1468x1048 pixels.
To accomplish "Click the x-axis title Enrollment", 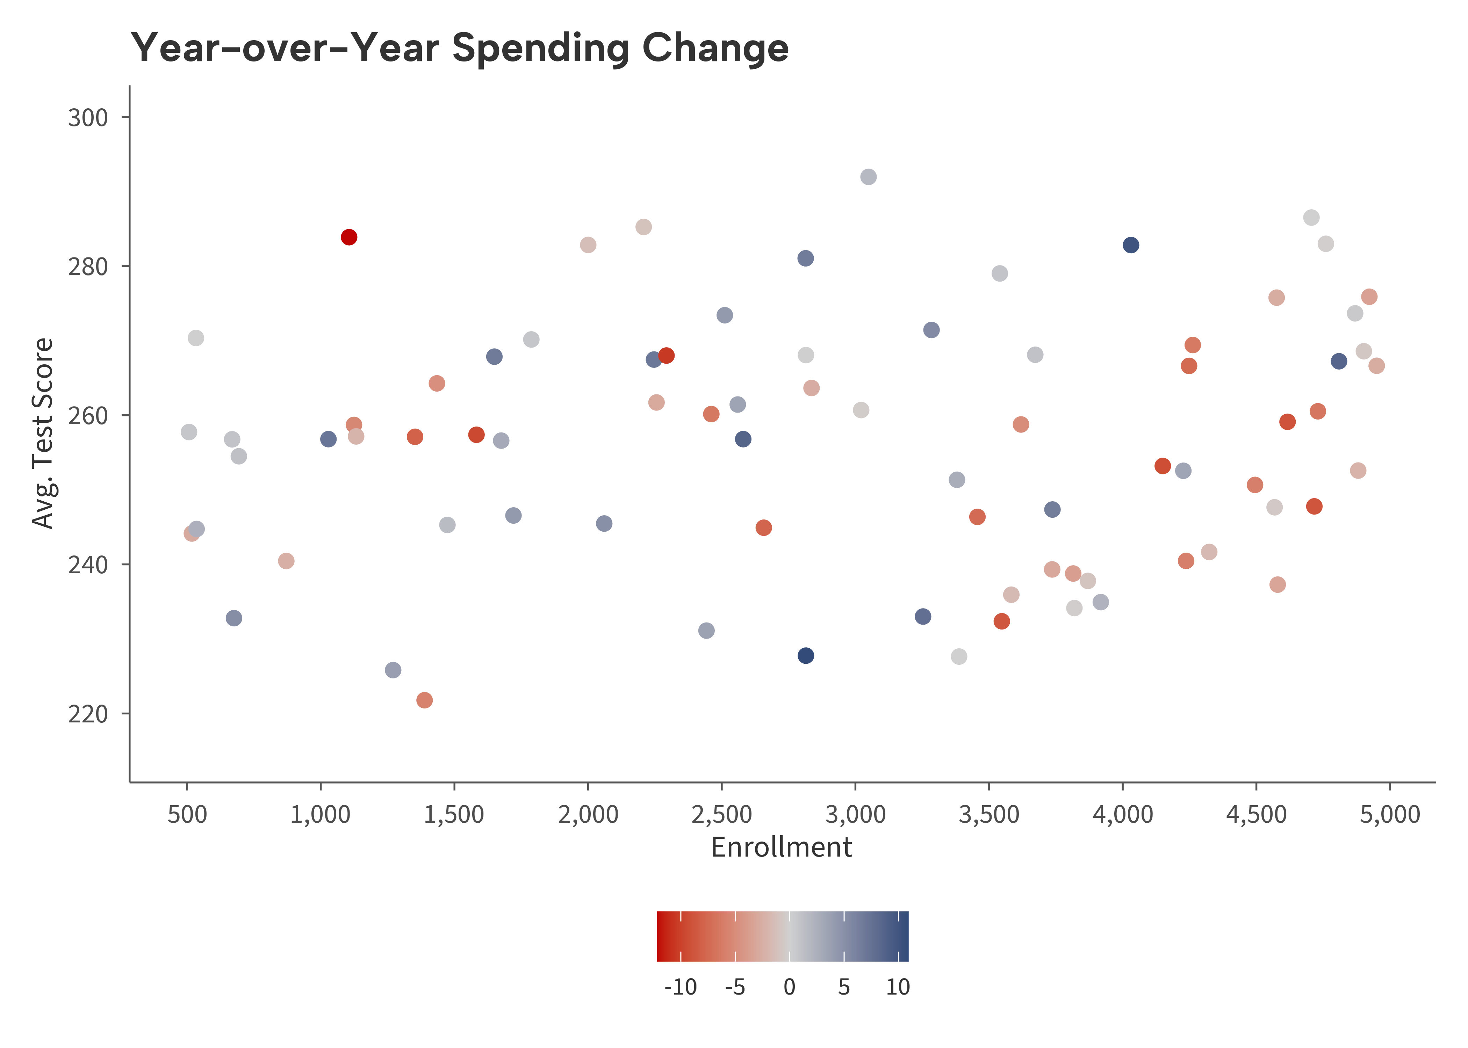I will pyautogui.click(x=781, y=847).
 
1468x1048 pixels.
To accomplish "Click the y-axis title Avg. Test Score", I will pyautogui.click(x=43, y=433).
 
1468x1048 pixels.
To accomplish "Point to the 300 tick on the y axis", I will pyautogui.click(x=88, y=117).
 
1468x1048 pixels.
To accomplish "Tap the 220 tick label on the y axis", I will pyautogui.click(x=88, y=714).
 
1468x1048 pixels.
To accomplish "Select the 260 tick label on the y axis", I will pyautogui.click(x=88, y=416).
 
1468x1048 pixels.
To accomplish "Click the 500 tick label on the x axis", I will pyautogui.click(x=187, y=814).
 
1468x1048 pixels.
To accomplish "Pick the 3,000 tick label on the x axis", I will pyautogui.click(x=855, y=814).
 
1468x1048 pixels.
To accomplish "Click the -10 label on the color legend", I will pyautogui.click(x=681, y=987).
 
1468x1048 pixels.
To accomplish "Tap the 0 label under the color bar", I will pyautogui.click(x=789, y=987).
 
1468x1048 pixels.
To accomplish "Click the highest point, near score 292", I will pyautogui.click(x=868, y=177).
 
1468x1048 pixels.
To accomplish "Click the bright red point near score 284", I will pyautogui.click(x=348, y=238).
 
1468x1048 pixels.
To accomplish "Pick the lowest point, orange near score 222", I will pyautogui.click(x=424, y=700).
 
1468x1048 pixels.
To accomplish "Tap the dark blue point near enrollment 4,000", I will pyautogui.click(x=1130, y=245).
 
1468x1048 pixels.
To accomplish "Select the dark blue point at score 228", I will pyautogui.click(x=806, y=656).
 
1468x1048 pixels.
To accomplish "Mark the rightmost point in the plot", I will pyautogui.click(x=1376, y=366).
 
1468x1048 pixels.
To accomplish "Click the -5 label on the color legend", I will pyautogui.click(x=735, y=987).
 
